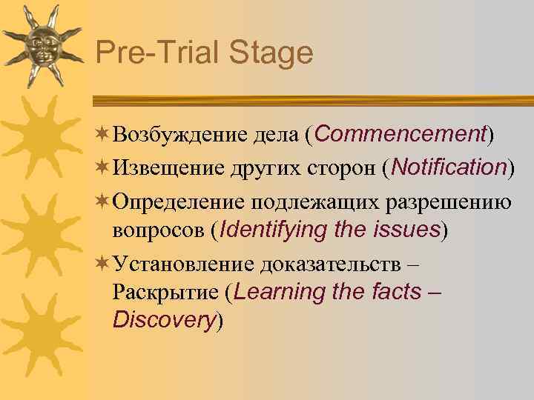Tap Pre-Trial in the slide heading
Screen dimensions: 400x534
[156, 54]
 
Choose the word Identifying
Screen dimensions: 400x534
[274, 230]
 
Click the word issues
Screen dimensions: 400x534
[403, 230]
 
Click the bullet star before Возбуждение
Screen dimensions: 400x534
[102, 134]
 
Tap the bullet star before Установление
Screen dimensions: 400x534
[102, 262]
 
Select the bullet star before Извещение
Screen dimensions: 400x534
[102, 167]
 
